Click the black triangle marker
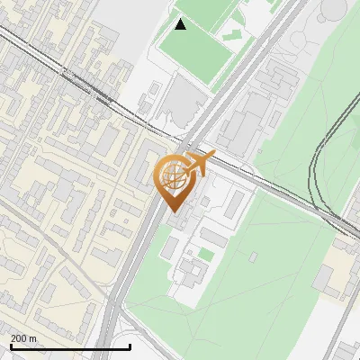(x=180, y=24)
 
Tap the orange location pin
(x=175, y=180)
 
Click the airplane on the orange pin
(x=199, y=164)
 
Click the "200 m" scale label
(x=23, y=338)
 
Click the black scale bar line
(x=69, y=346)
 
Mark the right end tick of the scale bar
(x=130, y=346)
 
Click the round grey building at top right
(x=334, y=8)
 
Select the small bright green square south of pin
(x=206, y=256)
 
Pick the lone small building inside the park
(x=253, y=257)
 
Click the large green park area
(x=270, y=288)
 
